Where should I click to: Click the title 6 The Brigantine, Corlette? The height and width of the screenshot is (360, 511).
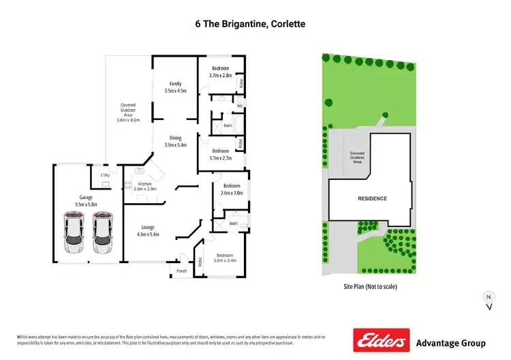pos(256,24)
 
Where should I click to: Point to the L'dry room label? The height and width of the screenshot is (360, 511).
pos(105,175)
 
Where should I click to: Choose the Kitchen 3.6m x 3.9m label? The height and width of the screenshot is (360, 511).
pos(144,186)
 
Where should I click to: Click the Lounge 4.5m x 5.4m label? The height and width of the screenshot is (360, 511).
pos(149,230)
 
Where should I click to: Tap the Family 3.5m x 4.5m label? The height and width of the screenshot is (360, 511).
pos(175,87)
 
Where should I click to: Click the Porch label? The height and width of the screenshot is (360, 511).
pos(181,271)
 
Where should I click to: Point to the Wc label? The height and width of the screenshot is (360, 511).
pos(240,106)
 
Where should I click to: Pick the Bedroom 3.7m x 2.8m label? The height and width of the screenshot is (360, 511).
pos(221,72)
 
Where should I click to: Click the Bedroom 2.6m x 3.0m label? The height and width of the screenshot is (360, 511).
pos(232,189)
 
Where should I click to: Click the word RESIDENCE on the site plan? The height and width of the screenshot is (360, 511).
pos(372,198)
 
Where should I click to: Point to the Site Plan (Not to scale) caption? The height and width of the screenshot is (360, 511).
pos(370,286)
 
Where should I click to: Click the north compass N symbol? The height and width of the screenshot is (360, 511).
pos(488,297)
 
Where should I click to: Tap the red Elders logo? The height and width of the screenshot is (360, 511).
pos(380,340)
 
